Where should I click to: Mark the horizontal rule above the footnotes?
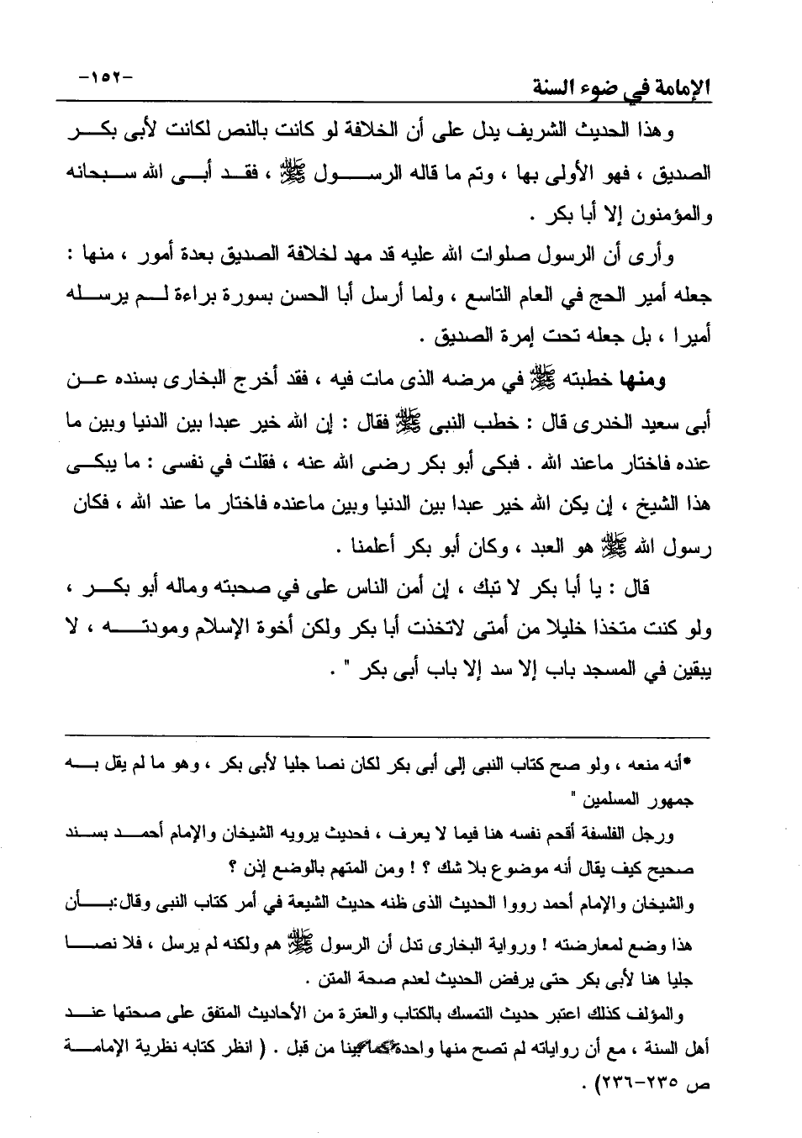click(x=387, y=738)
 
